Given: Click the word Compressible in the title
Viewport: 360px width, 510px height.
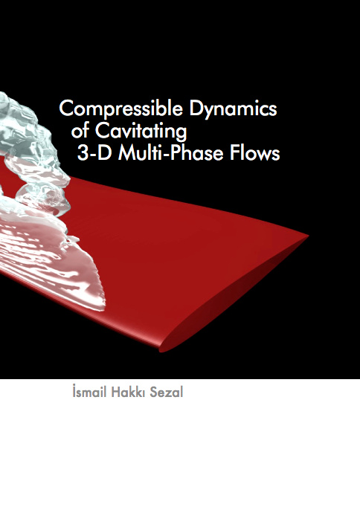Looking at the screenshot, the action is point(120,109).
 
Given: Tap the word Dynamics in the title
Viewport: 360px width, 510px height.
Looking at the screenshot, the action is point(233,109).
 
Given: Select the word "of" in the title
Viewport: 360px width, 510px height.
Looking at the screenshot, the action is point(80,131).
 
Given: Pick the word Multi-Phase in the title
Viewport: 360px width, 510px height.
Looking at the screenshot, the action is point(170,153).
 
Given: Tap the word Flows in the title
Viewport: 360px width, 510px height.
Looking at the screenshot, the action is point(255,153).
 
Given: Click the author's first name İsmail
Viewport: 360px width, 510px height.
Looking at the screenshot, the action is point(89,391).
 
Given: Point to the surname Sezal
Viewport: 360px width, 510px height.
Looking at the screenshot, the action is point(167,392).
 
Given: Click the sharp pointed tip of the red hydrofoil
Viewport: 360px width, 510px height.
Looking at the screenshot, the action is point(308,235).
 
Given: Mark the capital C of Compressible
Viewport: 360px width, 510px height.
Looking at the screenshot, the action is point(66,108).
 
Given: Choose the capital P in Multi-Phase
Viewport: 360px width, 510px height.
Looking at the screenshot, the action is point(175,153).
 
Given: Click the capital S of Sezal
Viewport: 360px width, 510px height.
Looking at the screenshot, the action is point(154,392).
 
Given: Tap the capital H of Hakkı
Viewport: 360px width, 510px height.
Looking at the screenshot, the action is point(116,392).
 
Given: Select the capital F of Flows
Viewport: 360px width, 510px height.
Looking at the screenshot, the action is point(234,153).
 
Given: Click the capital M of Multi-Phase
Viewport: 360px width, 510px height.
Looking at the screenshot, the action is point(126,153).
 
